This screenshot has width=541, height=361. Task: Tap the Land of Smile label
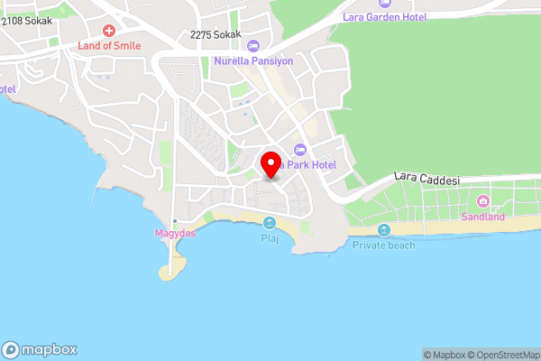(110, 46)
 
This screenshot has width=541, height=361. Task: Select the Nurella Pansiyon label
(253, 61)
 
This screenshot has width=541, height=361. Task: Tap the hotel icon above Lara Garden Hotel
(385, 4)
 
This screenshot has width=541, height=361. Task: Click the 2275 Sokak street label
(216, 34)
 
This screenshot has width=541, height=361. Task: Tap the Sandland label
(483, 217)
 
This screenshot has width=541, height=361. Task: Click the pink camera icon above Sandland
(483, 200)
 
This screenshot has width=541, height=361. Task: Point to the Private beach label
(384, 245)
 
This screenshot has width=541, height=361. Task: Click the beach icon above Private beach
(384, 229)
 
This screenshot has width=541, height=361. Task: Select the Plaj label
(269, 239)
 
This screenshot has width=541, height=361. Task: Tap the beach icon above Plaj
(269, 223)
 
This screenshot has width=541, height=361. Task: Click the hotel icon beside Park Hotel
(300, 149)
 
